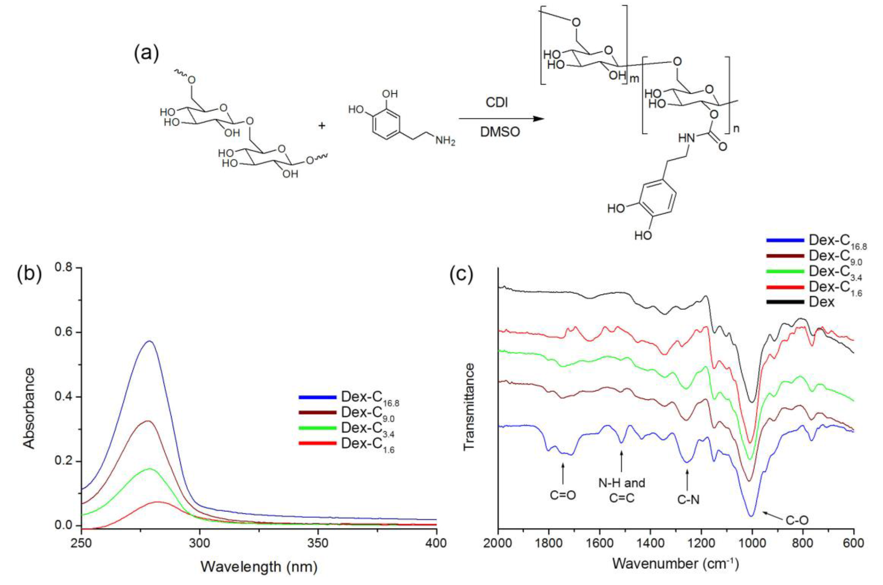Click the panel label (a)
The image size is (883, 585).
point(146,55)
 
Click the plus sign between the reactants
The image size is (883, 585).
point(321,126)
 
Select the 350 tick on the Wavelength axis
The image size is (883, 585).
point(318,544)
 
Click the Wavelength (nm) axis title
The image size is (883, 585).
point(259,567)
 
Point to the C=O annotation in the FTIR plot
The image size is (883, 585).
point(563,495)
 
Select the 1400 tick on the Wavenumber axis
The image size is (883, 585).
point(650,544)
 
